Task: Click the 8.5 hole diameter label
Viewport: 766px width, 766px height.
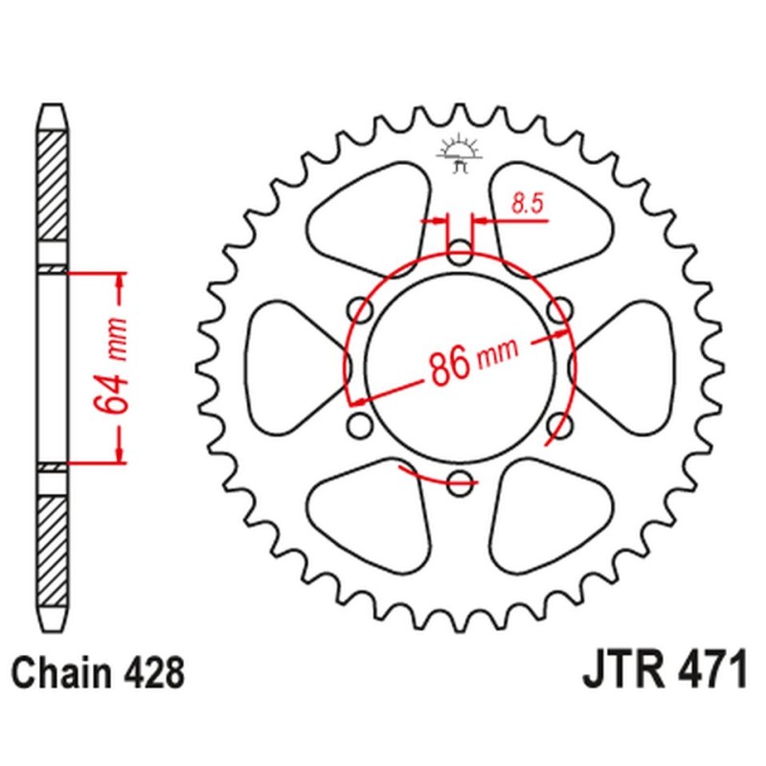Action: tap(523, 202)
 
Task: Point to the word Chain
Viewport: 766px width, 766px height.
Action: tap(63, 673)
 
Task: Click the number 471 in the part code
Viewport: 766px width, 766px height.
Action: tap(703, 672)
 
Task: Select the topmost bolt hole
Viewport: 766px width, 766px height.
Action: tap(460, 253)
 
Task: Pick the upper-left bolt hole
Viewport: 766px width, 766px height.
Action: tap(360, 309)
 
